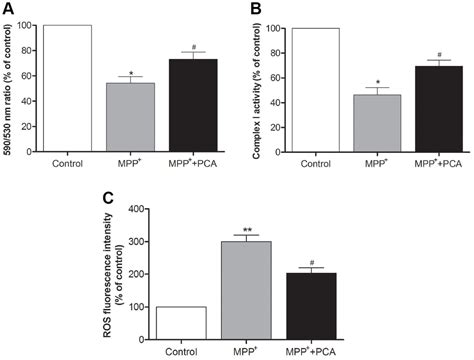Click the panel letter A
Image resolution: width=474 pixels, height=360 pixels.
point(8,9)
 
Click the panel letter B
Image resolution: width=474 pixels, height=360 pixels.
point(251,9)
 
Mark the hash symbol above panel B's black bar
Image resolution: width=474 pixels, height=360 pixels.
point(430,55)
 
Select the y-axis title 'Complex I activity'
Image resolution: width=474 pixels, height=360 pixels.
point(262,85)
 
